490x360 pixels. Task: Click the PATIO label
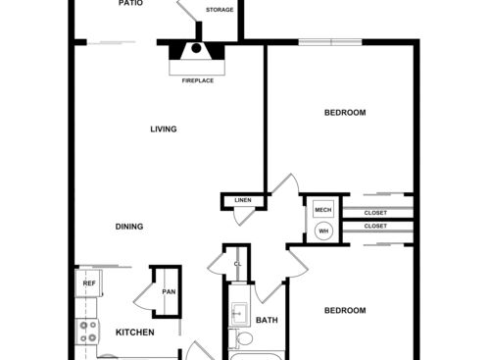(130, 4)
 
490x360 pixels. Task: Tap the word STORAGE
(220, 11)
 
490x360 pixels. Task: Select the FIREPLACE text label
(198, 80)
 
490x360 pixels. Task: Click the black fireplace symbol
(196, 47)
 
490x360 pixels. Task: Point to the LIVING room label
(164, 129)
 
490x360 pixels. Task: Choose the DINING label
(129, 227)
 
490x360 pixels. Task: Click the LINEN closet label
(243, 201)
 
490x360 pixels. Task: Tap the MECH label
(322, 211)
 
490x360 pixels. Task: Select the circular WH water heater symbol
(322, 231)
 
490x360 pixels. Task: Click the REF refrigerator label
(89, 283)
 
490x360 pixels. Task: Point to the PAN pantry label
(169, 291)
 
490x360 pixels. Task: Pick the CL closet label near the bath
(237, 264)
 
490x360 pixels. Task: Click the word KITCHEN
(135, 333)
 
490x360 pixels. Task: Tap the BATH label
(267, 320)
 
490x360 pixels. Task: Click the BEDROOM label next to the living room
(345, 113)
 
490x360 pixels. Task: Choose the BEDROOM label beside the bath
(345, 311)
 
